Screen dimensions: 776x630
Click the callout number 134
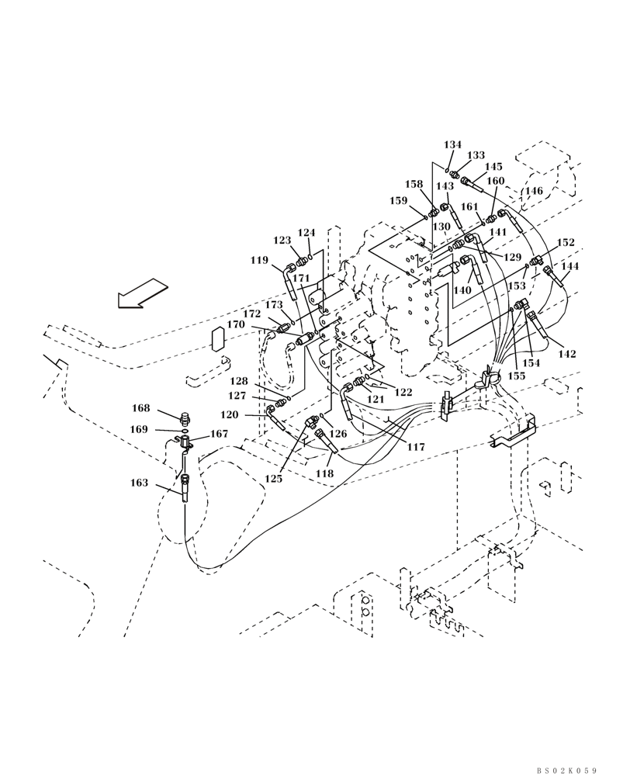click(452, 145)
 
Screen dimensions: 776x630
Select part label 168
click(140, 408)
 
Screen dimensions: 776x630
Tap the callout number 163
click(140, 483)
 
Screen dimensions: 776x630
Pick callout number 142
click(567, 354)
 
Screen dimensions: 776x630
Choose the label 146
click(533, 191)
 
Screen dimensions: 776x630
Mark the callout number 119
click(259, 261)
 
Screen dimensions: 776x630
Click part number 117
click(416, 447)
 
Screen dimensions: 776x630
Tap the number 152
click(566, 243)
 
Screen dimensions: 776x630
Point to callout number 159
click(398, 201)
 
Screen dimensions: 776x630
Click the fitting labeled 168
click(185, 419)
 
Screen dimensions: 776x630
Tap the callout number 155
click(516, 376)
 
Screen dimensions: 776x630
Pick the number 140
click(462, 289)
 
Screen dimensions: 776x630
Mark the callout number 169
click(140, 429)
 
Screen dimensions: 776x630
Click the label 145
click(493, 167)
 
